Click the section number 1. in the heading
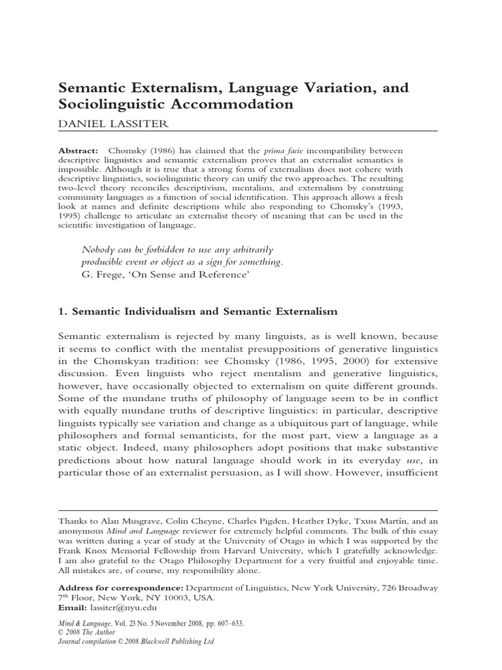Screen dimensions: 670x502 point(63,313)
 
